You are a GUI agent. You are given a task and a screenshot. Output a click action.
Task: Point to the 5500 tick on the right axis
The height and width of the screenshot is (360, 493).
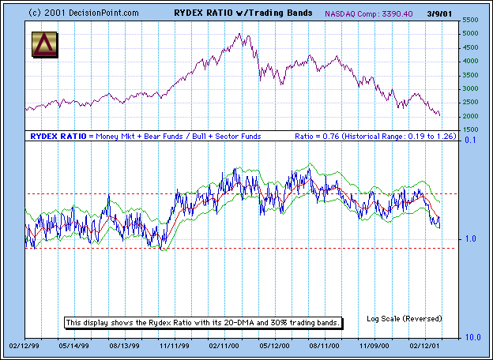click(471, 20)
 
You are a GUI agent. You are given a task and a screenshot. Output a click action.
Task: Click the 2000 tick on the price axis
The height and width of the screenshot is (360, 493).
click(471, 116)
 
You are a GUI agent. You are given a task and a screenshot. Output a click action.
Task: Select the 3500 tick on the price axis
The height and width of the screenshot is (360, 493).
click(471, 75)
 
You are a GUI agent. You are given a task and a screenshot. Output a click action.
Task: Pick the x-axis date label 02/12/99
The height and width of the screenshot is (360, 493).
click(24, 345)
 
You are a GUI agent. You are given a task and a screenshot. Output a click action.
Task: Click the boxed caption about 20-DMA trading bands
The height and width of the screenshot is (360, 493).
click(203, 323)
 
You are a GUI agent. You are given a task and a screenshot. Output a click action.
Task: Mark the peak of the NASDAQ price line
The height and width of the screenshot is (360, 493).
click(239, 34)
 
